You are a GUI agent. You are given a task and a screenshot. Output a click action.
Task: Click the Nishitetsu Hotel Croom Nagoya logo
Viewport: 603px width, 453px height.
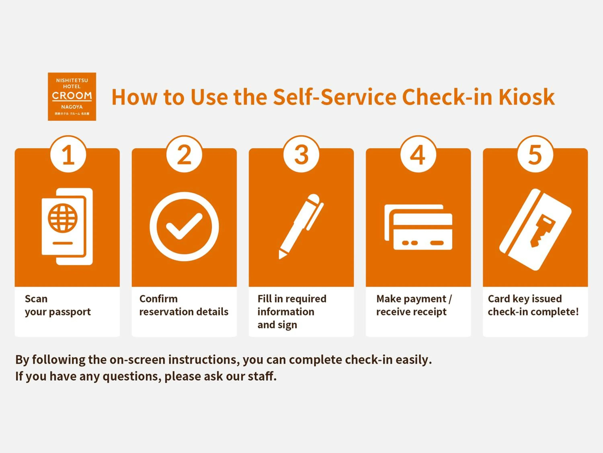(x=72, y=97)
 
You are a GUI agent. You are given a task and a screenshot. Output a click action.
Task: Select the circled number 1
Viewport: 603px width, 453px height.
(x=68, y=155)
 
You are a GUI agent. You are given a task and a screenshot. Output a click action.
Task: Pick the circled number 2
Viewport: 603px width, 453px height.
(x=184, y=155)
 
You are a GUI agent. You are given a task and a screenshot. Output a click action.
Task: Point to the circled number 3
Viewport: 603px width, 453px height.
(x=301, y=155)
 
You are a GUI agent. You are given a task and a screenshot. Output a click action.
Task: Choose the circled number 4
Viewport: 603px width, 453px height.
(x=418, y=155)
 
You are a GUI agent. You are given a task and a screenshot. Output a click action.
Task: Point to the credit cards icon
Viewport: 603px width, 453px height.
(x=418, y=227)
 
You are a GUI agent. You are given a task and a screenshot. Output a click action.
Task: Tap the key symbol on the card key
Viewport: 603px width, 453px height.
(x=542, y=231)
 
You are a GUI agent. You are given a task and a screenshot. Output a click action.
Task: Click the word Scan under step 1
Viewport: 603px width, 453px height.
(x=36, y=299)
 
